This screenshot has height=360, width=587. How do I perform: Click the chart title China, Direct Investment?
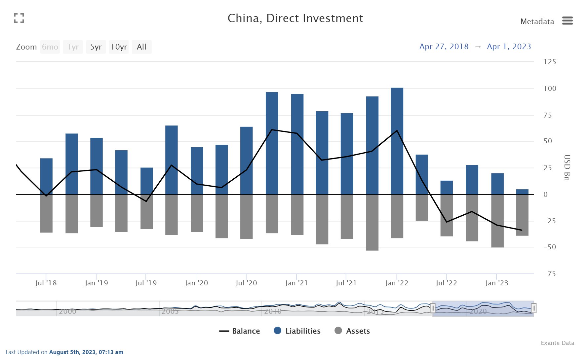[x=295, y=18]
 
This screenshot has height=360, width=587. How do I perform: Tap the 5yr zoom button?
[x=96, y=47]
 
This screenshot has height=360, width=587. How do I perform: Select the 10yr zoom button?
[x=119, y=47]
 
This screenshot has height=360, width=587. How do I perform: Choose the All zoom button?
[x=141, y=47]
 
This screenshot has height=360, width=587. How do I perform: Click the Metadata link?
[x=537, y=21]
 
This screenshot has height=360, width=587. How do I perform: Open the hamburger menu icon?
[x=567, y=21]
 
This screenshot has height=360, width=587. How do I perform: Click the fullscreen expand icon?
[x=19, y=18]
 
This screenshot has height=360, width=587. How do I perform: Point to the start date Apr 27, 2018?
[x=444, y=47]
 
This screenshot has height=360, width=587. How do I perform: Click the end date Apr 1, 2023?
[x=509, y=47]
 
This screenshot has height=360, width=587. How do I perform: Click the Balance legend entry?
[x=240, y=331]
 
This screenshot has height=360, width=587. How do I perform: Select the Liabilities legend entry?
[x=297, y=331]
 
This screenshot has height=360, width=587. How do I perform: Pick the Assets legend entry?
[x=352, y=331]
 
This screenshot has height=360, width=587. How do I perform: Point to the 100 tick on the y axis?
[x=550, y=89]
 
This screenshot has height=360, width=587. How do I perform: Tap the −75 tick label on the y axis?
[x=550, y=274]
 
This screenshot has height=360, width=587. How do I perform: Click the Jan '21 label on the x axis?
[x=296, y=283]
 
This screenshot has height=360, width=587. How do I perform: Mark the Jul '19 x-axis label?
[x=146, y=283]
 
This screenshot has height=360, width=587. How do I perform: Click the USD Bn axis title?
[x=567, y=167]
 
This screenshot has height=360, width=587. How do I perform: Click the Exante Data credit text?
[x=557, y=343]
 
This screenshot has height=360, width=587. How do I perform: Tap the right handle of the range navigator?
[x=533, y=308]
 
